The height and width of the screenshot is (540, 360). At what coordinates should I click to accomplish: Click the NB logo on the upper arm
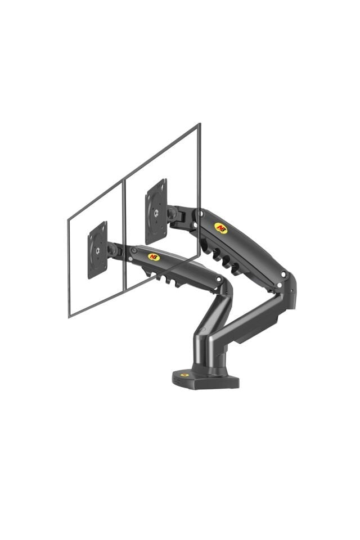coord(220,227)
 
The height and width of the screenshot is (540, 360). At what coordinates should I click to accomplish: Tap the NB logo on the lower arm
coord(154,256)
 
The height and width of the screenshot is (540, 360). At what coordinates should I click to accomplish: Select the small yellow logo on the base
coord(184,375)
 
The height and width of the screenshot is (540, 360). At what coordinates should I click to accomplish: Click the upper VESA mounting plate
coord(156,211)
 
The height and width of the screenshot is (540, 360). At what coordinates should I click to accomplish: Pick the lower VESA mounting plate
coord(97,249)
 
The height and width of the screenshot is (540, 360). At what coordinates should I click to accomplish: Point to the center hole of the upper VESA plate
coord(156,212)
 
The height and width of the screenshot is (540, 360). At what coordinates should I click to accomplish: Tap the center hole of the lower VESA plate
coord(97,250)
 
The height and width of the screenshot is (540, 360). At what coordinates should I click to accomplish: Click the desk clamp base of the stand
coord(205,379)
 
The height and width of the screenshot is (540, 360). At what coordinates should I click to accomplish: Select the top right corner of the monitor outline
coord(199,125)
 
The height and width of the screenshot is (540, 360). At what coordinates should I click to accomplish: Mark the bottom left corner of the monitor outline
coord(69,317)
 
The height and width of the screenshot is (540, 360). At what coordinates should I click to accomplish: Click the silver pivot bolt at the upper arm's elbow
coord(284,275)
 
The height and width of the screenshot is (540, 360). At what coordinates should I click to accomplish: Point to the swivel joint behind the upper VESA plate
coord(173,214)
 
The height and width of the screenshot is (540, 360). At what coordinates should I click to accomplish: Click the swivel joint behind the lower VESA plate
coord(113,250)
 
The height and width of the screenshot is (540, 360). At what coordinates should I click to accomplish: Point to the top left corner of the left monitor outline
coord(68,219)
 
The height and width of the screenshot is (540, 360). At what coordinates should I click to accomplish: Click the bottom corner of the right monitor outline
coord(125,289)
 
